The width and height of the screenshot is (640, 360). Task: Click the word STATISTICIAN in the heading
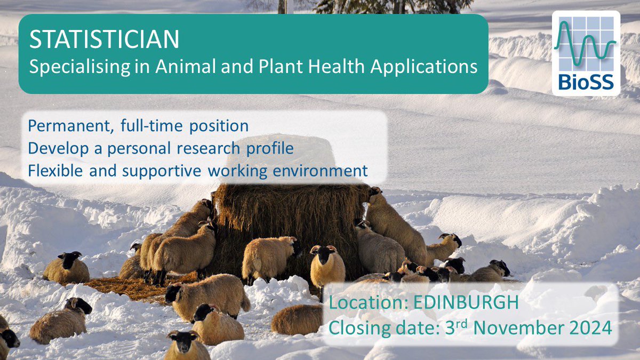[104, 41]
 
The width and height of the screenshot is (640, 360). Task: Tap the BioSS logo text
[586, 82]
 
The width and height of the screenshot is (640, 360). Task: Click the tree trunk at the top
[281, 6]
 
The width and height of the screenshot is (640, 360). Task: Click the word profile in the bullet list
[272, 149]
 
